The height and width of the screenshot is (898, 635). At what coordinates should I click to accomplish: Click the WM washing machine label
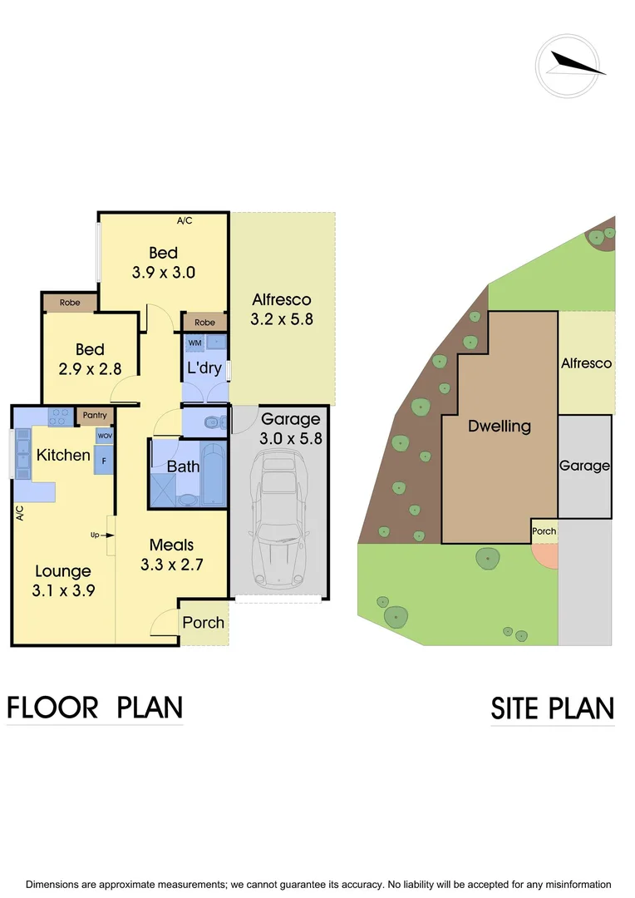[194, 343]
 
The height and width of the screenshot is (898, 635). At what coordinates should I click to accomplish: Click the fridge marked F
[104, 459]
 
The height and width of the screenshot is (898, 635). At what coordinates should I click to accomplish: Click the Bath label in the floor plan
[183, 466]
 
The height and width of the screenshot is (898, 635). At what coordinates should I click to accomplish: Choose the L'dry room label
[204, 367]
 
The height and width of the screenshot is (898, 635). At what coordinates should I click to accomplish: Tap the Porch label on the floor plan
[204, 622]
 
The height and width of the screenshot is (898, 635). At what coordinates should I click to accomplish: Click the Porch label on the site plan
[544, 531]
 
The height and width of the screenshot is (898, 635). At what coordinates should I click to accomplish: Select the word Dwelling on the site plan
[499, 427]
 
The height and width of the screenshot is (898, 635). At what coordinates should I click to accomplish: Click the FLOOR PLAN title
[95, 707]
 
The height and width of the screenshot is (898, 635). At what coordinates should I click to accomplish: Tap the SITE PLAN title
[552, 708]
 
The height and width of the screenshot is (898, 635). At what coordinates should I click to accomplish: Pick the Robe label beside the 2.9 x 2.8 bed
[71, 303]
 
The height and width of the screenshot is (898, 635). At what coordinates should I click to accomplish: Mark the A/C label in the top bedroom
[185, 221]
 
